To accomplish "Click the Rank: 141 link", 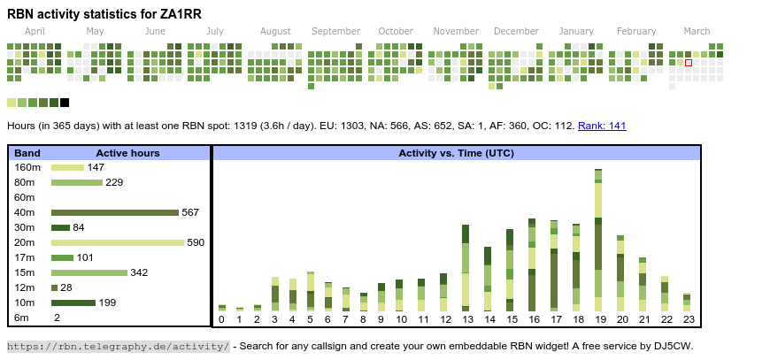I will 602,126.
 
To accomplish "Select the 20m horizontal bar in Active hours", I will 117,242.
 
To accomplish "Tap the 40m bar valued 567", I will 115,212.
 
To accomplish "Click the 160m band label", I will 27,167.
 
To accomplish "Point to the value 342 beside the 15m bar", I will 139,272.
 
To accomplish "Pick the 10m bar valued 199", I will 73,303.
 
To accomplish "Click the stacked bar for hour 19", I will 598,239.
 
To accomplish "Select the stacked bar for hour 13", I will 466,265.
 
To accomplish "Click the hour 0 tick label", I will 222,319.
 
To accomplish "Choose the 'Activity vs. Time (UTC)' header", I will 456,153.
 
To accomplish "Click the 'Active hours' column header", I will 127,153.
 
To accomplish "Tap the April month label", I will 35,31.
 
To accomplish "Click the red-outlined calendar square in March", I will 689,63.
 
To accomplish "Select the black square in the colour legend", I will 65,103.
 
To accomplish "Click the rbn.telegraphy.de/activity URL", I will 119,346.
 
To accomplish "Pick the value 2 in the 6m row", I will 57,318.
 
